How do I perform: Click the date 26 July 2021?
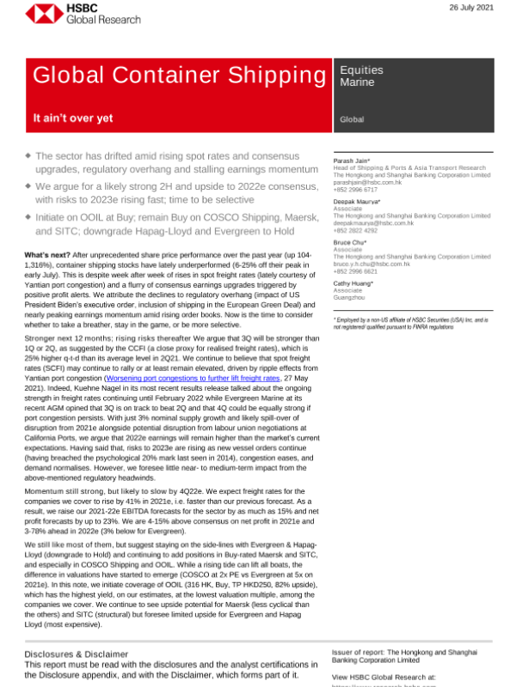(471, 8)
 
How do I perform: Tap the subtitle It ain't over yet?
(73, 119)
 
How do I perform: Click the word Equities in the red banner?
(362, 70)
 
